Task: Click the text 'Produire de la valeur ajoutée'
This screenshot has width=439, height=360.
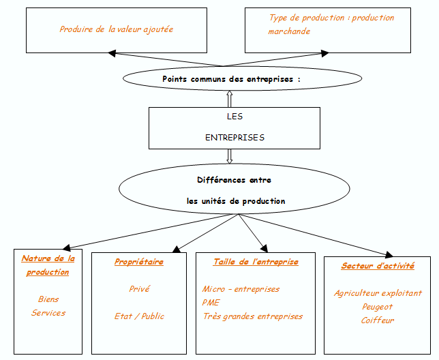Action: (x=116, y=29)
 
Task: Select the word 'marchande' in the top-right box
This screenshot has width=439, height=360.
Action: (x=289, y=31)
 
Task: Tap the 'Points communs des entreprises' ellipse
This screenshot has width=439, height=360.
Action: (x=231, y=78)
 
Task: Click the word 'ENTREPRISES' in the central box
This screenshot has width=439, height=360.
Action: (x=234, y=137)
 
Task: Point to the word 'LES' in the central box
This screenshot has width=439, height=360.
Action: (x=234, y=117)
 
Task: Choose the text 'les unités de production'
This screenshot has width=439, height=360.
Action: (x=236, y=201)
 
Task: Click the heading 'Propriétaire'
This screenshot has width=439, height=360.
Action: (x=139, y=262)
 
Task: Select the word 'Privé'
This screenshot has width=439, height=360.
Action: (x=139, y=289)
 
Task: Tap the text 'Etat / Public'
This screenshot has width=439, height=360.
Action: (x=139, y=316)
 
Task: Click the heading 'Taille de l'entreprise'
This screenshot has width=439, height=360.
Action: (x=256, y=262)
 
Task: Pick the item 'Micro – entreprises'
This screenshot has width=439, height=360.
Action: (x=241, y=289)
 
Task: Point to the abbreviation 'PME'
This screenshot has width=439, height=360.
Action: (x=211, y=303)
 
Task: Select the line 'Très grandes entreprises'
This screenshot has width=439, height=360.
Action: (x=252, y=316)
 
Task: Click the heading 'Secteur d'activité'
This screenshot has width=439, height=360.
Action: (x=378, y=266)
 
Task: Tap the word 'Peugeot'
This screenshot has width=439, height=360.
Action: (x=378, y=307)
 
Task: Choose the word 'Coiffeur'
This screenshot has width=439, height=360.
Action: (x=378, y=320)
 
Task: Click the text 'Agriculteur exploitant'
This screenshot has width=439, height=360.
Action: (x=378, y=293)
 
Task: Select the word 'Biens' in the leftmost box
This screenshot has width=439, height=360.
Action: (x=48, y=299)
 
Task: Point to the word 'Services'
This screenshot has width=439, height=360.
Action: (x=48, y=313)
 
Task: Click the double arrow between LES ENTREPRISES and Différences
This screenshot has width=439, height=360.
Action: (x=230, y=156)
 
